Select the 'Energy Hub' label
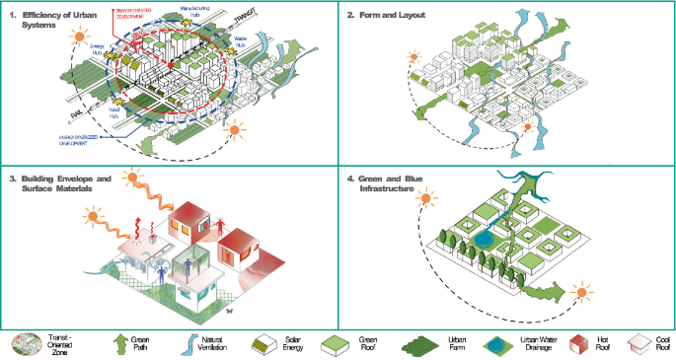(x=97, y=48)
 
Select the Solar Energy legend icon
(x=262, y=342)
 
